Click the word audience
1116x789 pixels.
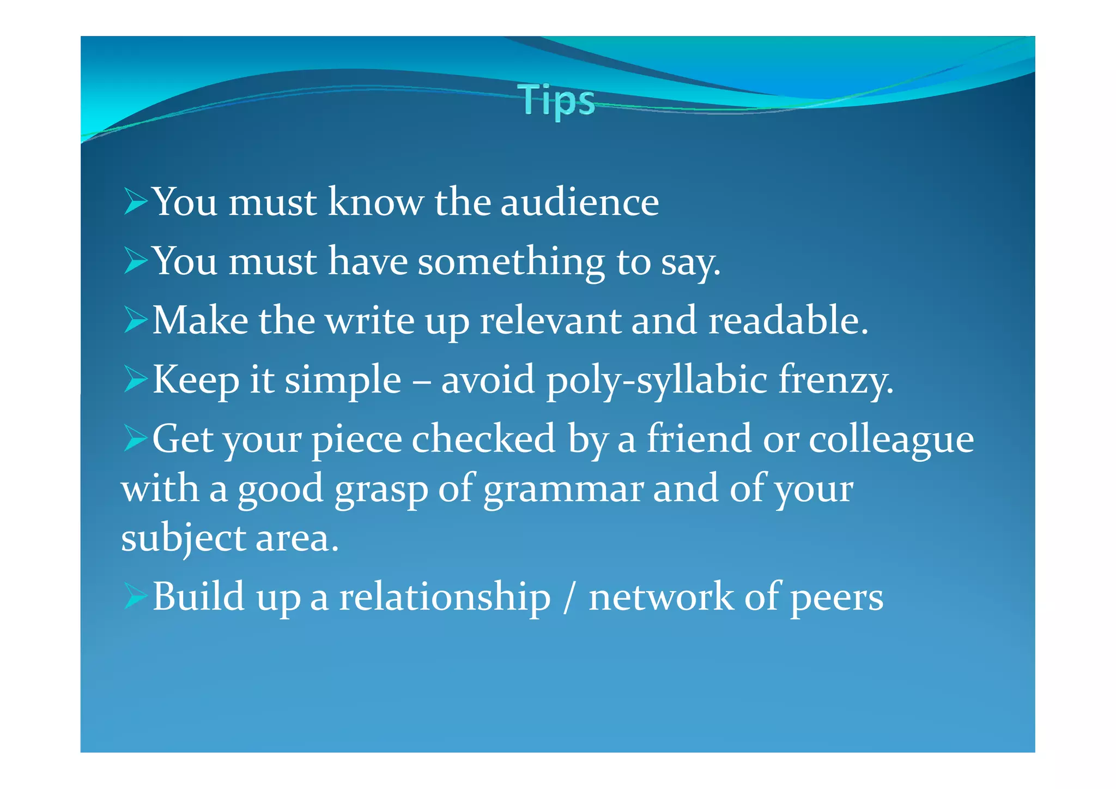[x=579, y=202]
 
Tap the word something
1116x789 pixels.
[x=511, y=262]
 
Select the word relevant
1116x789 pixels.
[x=550, y=321]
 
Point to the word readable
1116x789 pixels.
[x=787, y=321]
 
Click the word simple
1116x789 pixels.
[x=343, y=380]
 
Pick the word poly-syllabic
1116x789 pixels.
[x=657, y=380]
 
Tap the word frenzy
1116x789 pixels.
[x=835, y=380]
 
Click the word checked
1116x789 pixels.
[x=483, y=439]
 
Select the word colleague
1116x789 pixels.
[x=891, y=440]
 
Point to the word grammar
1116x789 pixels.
[x=563, y=489]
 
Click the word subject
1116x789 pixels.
[x=183, y=539]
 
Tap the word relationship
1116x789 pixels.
[x=445, y=597]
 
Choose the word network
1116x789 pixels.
[x=661, y=597]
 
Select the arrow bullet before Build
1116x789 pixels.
[x=135, y=596]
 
